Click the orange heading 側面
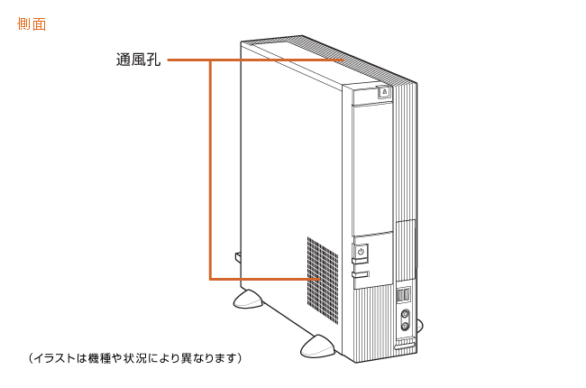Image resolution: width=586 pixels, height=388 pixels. point(32,24)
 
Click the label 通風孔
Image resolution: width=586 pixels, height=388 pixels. point(138,61)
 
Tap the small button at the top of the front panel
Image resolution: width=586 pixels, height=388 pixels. point(384,92)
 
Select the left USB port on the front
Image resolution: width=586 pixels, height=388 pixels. point(400,296)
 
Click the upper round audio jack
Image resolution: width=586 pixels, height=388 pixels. point(405,315)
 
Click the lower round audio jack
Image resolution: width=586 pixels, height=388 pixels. point(405,326)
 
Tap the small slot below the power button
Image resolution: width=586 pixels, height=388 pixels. point(361,273)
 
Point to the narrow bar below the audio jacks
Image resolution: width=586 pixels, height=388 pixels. point(406,344)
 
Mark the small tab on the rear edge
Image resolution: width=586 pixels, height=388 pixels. point(238,257)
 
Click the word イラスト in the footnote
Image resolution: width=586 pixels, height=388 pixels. point(55,358)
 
